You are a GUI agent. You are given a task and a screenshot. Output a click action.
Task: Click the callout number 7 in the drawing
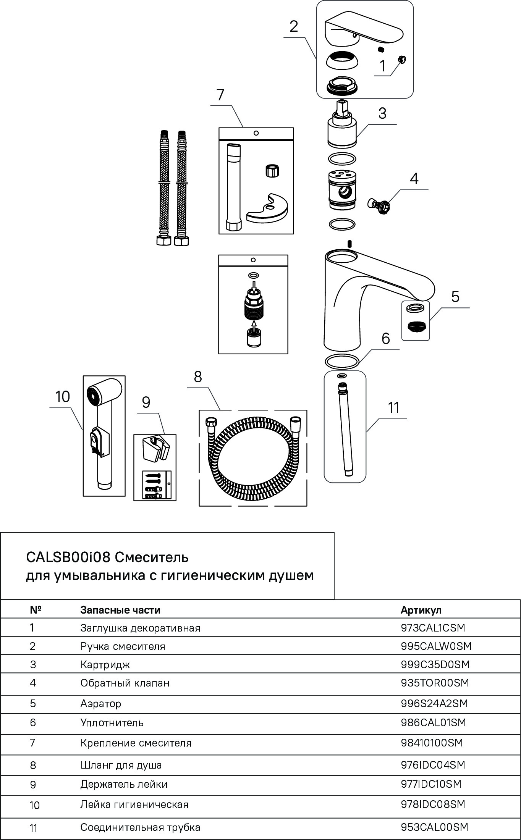[x=220, y=94]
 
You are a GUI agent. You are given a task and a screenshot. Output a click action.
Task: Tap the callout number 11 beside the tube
[x=393, y=408]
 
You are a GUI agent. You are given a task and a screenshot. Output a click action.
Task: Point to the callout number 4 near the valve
[x=414, y=178]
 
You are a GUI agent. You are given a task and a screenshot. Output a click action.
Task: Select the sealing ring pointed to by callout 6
[x=341, y=361]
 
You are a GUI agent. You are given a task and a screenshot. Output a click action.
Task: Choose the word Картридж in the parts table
[x=105, y=665]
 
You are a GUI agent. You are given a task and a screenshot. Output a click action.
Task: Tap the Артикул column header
[x=421, y=610]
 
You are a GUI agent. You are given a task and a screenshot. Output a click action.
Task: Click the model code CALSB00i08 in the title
[x=68, y=557]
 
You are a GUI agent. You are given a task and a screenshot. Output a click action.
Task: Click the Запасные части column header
[x=120, y=610]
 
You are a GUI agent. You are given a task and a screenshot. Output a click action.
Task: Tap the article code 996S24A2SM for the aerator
[x=434, y=704]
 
